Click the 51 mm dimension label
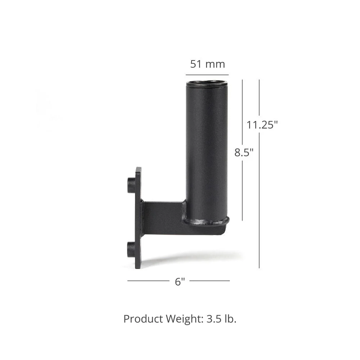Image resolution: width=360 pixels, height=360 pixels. click(x=207, y=64)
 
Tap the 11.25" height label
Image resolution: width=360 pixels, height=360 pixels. click(x=262, y=125)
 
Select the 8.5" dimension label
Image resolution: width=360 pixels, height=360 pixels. click(x=244, y=152)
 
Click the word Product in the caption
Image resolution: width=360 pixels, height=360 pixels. click(x=143, y=319)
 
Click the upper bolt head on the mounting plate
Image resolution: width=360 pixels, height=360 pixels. click(x=131, y=185)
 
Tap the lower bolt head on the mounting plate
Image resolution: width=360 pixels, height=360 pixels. click(x=131, y=249)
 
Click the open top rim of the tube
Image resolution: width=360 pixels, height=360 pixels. click(x=207, y=84)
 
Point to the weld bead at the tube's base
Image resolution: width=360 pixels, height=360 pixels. click(x=206, y=221)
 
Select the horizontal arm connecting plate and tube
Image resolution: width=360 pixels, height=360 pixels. click(x=162, y=218)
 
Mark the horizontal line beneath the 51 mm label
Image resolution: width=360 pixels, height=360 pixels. click(x=207, y=75)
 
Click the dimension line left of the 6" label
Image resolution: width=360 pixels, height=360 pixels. click(x=148, y=281)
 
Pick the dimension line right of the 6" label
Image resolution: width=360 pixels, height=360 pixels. click(x=210, y=281)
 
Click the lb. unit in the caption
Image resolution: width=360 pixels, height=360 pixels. click(x=230, y=319)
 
